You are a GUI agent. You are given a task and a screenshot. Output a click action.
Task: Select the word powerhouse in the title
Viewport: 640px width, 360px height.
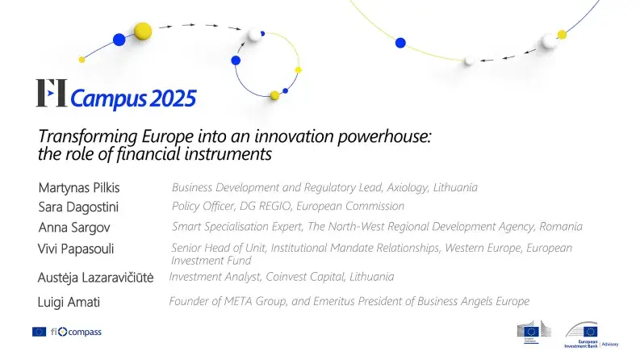(387, 136)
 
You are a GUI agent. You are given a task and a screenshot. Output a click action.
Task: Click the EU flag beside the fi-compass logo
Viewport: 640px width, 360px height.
(39, 332)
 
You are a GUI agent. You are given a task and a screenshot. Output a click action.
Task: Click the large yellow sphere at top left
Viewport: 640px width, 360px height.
(143, 31)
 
